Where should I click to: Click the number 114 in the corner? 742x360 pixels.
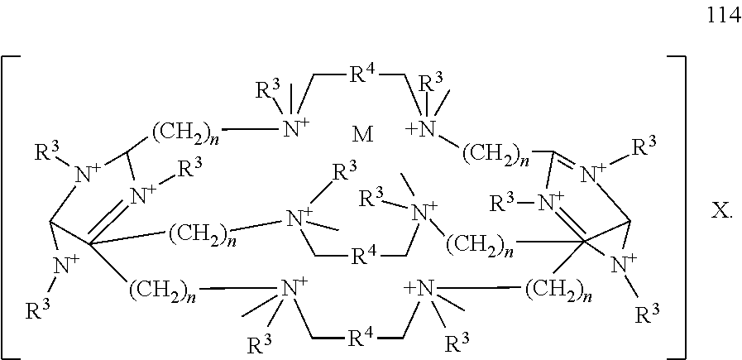coord(724,16)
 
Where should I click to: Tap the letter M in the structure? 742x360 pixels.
coord(363,136)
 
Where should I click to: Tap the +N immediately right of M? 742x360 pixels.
coord(420,130)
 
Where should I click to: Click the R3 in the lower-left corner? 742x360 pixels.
coord(38,312)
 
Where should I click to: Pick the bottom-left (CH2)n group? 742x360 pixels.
coord(164,289)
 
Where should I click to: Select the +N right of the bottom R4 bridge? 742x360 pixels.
coord(421,288)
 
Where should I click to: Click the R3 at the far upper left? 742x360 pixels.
coord(47,152)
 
